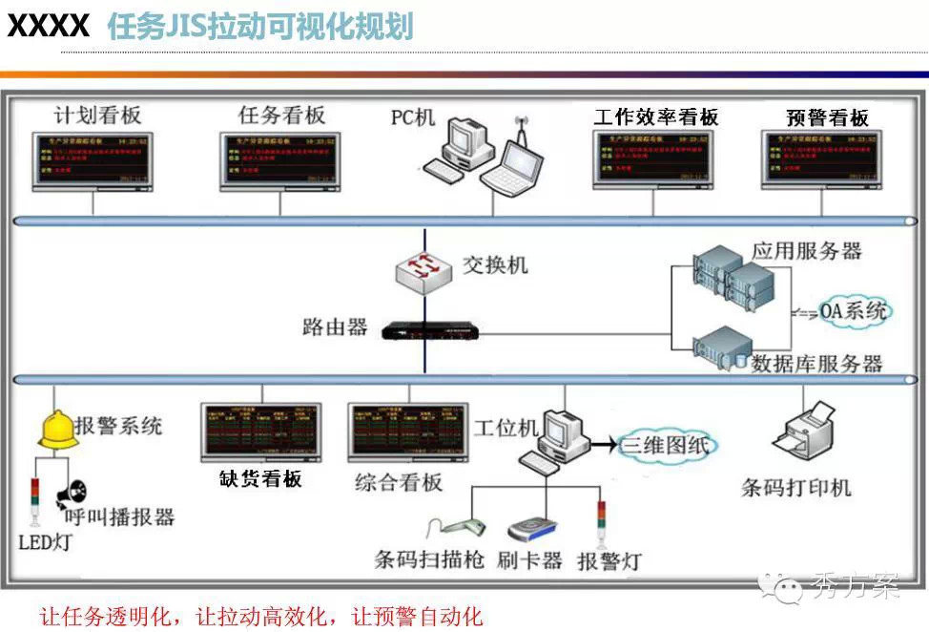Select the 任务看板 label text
(x=281, y=116)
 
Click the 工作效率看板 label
(x=656, y=117)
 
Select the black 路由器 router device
(x=430, y=330)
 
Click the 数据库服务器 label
(x=816, y=364)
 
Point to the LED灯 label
(x=45, y=543)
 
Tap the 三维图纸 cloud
(x=666, y=445)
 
